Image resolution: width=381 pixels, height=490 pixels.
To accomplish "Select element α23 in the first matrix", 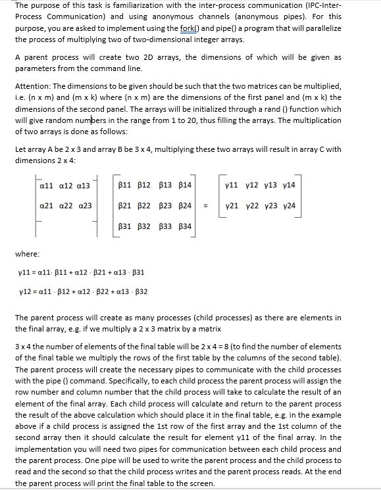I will [x=84, y=206].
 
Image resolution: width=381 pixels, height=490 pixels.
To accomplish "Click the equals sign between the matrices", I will [x=205, y=207].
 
